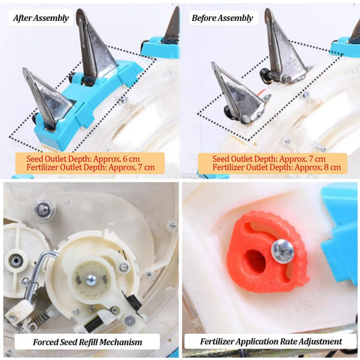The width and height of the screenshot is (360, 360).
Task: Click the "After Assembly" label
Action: point(41,18)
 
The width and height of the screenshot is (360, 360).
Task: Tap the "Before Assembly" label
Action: point(223,18)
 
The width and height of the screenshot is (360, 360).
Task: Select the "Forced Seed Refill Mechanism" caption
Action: point(88,342)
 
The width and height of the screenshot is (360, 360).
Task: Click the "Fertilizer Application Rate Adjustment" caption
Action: point(271,341)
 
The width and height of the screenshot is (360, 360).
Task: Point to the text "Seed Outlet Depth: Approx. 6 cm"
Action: point(83,159)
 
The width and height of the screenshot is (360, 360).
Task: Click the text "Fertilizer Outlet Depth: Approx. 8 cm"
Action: point(277,167)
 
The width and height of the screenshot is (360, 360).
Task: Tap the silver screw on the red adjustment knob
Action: point(283,250)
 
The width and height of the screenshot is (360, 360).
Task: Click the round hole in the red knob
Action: point(255,262)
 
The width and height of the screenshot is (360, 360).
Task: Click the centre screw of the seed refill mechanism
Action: point(91,280)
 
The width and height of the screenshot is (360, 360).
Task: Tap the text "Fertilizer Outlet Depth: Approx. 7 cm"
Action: point(91,167)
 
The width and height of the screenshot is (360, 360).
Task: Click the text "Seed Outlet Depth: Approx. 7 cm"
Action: point(269,159)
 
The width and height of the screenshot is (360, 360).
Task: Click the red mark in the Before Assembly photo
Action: point(261,93)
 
